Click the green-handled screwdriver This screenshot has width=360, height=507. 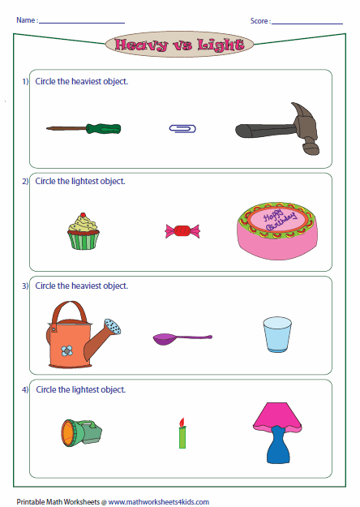click(x=84, y=128)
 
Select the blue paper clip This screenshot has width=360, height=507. click(x=182, y=128)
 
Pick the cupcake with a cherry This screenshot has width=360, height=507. click(x=84, y=230)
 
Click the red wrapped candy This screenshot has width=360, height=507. click(x=181, y=231)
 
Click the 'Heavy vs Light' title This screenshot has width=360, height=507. click(x=179, y=45)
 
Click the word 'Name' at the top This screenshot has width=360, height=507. click(x=25, y=19)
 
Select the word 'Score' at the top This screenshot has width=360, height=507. click(x=259, y=19)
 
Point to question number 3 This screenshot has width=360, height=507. click(x=25, y=286)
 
